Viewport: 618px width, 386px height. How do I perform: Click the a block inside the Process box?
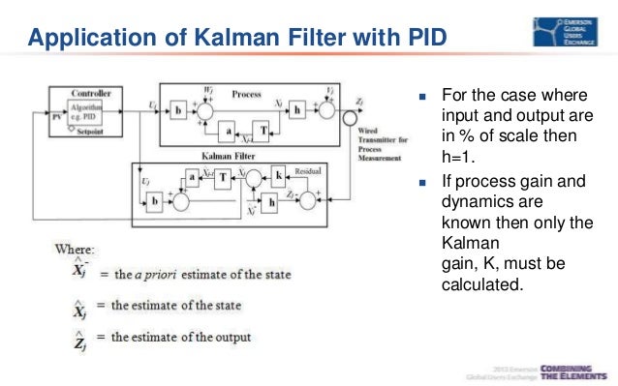coord(228,128)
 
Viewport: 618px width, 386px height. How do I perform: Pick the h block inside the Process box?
coord(298,110)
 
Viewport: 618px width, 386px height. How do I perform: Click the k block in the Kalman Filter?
coord(279,178)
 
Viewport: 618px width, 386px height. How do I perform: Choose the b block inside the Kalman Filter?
coord(154,200)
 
